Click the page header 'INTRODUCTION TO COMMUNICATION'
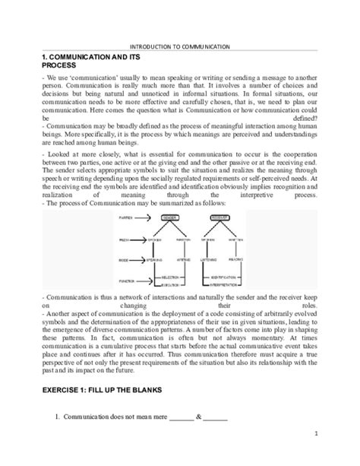pos(180,47)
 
